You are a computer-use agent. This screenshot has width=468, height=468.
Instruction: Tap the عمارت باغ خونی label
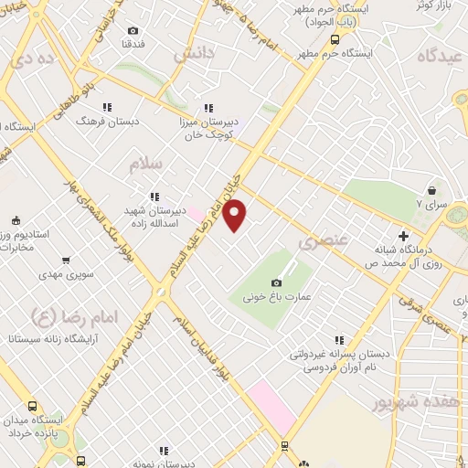(x=278, y=297)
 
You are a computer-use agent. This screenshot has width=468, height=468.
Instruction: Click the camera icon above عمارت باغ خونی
(x=278, y=282)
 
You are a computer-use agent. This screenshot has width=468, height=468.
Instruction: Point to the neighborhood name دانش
(x=193, y=53)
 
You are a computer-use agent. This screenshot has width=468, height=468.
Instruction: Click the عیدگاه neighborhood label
(x=441, y=55)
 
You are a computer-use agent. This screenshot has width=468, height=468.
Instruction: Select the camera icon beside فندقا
(x=133, y=30)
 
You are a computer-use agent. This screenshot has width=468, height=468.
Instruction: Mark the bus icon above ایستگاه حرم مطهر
(x=335, y=39)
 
